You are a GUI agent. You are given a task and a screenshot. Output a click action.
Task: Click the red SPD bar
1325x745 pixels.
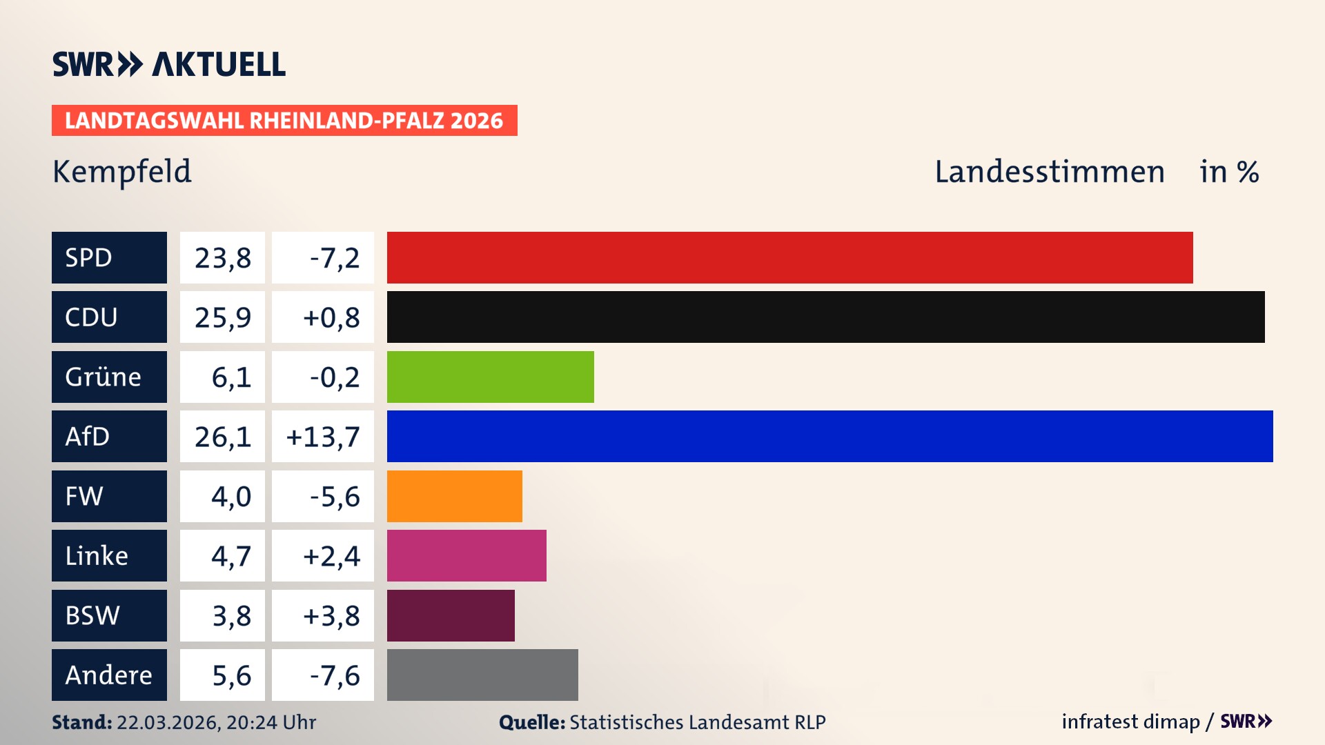tap(789, 257)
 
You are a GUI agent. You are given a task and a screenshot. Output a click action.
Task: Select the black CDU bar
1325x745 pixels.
tap(825, 317)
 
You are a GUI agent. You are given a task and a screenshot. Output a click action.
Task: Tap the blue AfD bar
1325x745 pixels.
tap(830, 436)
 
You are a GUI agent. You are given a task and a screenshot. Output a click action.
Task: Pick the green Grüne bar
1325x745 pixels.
tap(490, 377)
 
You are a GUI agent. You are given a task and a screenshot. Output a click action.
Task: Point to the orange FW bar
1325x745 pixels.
tap(454, 496)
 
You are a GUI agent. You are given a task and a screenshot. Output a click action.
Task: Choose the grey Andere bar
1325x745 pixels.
tap(482, 675)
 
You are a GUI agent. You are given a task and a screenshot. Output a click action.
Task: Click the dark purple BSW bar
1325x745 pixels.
tap(451, 615)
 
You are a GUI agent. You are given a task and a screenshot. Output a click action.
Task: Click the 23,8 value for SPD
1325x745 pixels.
tap(222, 258)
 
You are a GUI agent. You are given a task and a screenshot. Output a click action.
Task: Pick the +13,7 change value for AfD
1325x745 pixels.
tap(323, 437)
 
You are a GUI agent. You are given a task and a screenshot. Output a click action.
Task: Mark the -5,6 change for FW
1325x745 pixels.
tap(335, 496)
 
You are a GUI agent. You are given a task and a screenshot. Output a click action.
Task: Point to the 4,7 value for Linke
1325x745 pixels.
tap(230, 556)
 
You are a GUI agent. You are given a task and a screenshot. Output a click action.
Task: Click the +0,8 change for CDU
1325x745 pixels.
tap(331, 317)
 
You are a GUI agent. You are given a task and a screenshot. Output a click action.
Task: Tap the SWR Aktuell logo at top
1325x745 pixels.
tap(168, 64)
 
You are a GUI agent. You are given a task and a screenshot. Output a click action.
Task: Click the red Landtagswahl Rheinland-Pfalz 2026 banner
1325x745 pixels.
tap(284, 121)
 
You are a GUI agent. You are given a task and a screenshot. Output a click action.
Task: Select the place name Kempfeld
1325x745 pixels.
tap(122, 172)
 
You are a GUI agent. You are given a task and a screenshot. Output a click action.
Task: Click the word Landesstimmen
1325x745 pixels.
tap(1049, 172)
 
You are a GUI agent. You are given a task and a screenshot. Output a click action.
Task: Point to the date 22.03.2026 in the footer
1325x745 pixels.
tap(168, 722)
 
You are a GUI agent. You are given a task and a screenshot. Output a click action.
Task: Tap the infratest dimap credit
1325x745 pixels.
tap(1130, 722)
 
